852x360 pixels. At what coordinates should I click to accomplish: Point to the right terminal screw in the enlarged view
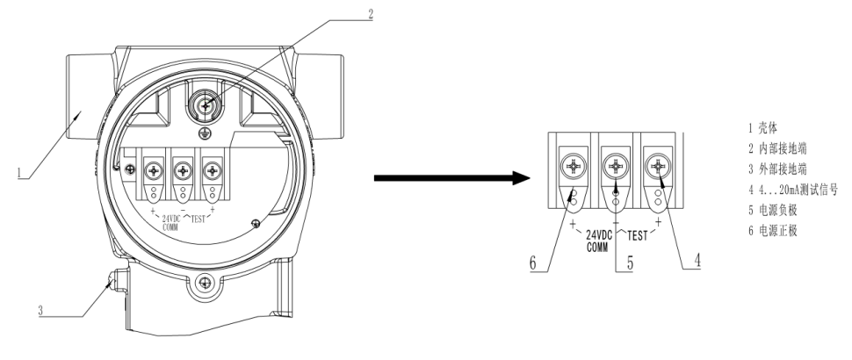[x=658, y=163]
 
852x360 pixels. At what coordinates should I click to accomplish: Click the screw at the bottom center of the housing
[x=205, y=283]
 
